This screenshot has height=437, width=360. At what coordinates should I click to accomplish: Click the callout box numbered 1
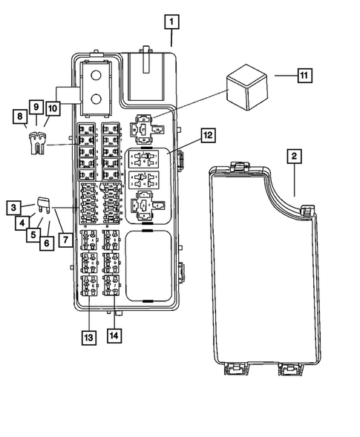pos(171,22)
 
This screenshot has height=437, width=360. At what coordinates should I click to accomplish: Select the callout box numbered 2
pos(295,156)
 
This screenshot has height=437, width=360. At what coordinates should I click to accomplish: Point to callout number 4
pos(23,221)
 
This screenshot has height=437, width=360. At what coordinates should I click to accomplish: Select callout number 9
pos(35,107)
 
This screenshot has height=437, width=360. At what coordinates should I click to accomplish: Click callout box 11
pos(304,76)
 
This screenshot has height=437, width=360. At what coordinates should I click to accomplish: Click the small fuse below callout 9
pos(34,142)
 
